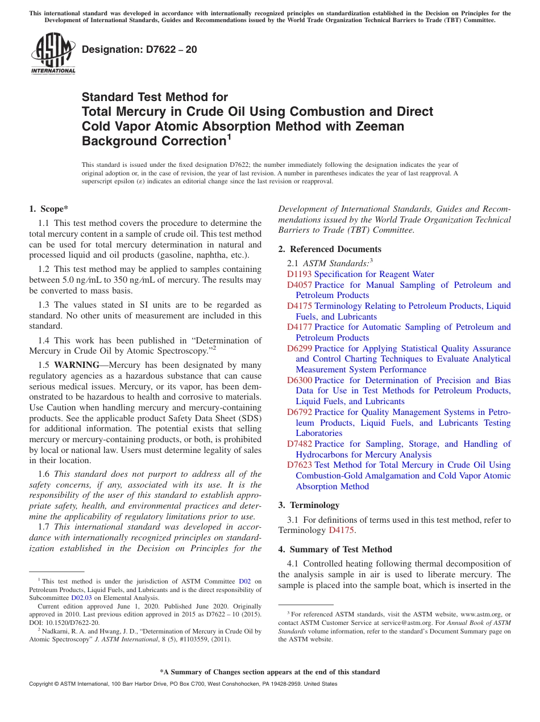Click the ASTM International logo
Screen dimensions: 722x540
pyautogui.click(x=53, y=54)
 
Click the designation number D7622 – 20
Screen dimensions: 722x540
pyautogui.click(x=139, y=49)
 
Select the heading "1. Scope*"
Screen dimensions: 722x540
pyautogui.click(x=49, y=209)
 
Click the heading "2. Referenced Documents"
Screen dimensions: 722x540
pyautogui.click(x=330, y=249)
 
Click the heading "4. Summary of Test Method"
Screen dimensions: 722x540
pyautogui.click(x=335, y=549)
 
